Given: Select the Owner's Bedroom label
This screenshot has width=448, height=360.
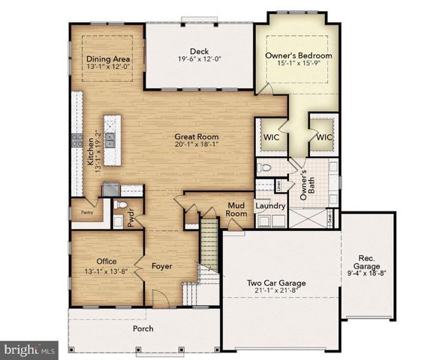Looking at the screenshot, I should [x=298, y=55].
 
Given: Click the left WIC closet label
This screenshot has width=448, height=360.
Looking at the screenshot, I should [x=270, y=137].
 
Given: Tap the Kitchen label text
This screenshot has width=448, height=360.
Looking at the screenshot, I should [x=90, y=151].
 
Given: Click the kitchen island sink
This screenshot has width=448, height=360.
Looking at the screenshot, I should [x=110, y=139].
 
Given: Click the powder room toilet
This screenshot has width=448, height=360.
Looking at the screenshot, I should [x=122, y=204].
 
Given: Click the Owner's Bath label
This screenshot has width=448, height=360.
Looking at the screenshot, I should [x=305, y=184].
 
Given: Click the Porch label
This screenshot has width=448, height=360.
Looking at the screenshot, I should [x=143, y=328].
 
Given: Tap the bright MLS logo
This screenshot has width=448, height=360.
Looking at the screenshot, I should [x=30, y=349].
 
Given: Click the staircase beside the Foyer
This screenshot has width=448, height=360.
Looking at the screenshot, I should [x=209, y=247].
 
